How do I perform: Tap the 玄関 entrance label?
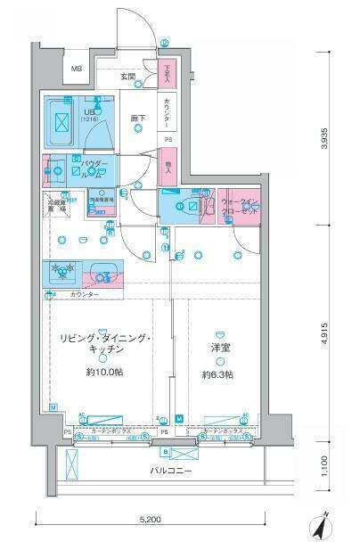point(128,78)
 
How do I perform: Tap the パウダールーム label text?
point(94,169)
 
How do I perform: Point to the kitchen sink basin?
point(104,272)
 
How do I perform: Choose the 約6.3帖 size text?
point(219,374)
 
